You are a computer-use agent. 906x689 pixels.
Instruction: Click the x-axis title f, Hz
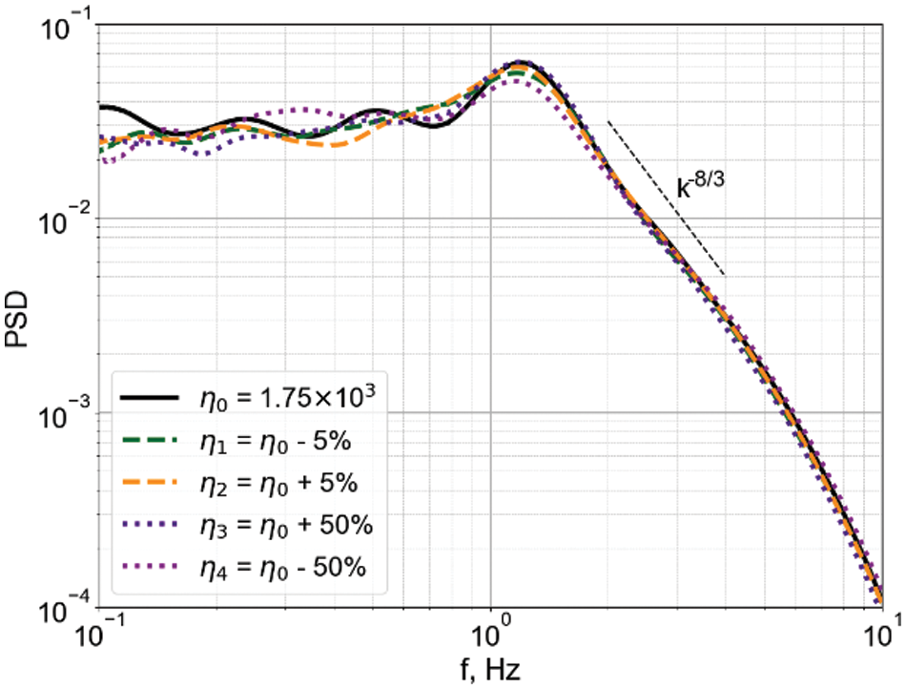(x=490, y=670)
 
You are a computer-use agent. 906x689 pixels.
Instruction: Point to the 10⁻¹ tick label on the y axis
(x=63, y=26)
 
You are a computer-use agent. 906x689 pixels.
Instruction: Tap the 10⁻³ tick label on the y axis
(x=63, y=412)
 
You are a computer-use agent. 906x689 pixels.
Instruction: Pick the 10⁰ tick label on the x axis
(x=490, y=633)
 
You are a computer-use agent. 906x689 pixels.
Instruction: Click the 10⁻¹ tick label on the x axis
(x=99, y=633)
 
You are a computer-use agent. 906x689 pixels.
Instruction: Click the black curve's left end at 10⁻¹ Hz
(x=101, y=107)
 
